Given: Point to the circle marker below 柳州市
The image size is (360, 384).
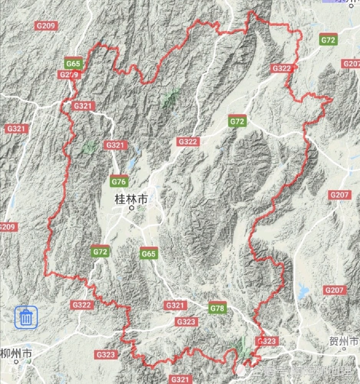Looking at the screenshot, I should coord(16,362).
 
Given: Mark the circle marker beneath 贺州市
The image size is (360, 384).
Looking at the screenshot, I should coord(344,349).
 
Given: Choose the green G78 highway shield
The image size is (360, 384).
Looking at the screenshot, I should coord(218,307).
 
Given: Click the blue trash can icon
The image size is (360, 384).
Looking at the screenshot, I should coord(26,317).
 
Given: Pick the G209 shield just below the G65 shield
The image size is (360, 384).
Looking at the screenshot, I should coord(69,74).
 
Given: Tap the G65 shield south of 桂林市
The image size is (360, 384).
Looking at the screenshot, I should coord(149,253).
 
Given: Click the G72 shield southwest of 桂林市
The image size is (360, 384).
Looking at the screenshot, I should coord(100,252).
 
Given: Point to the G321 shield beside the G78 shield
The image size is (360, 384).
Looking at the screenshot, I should coord(176,305).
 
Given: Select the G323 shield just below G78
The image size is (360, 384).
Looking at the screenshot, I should coord(187,322).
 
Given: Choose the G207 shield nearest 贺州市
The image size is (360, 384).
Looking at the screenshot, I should coord(335,290).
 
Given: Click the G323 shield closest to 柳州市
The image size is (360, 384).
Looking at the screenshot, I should coord(106,354).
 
